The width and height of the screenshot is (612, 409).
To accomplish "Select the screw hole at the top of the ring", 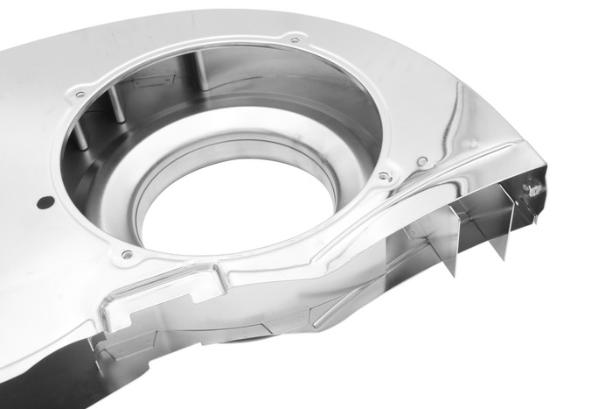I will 294,39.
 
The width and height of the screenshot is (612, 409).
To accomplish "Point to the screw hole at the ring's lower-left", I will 128,255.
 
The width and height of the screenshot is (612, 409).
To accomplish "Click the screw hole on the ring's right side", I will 384,178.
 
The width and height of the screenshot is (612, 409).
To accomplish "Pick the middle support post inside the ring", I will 114,109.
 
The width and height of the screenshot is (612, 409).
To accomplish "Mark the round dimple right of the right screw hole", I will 422,162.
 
